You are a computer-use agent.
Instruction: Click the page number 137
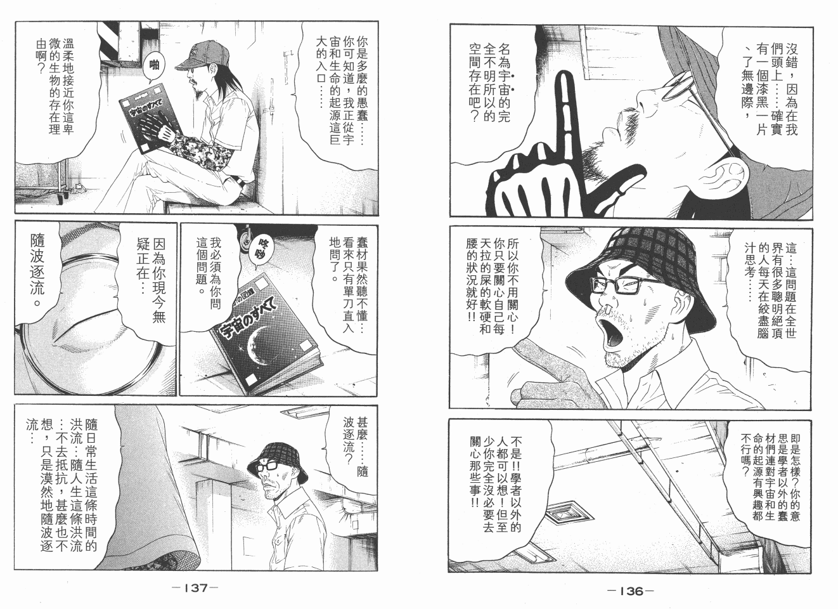[x=195, y=588]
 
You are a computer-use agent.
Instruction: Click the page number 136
[x=631, y=591]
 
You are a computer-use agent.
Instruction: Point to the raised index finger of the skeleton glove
[x=567, y=108]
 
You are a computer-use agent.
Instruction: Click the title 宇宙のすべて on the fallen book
[x=247, y=317]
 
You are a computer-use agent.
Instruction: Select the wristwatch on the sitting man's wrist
[x=242, y=183]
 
